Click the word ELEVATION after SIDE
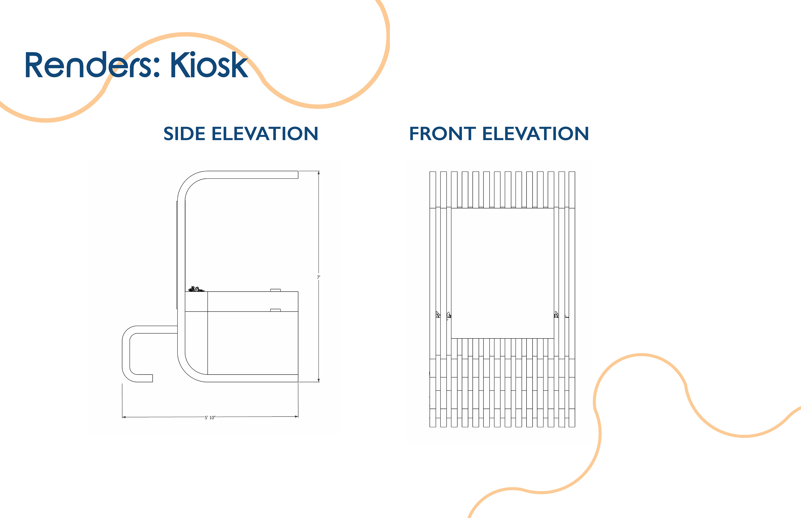[264, 134]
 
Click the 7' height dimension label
[318, 277]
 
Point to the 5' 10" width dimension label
[210, 418]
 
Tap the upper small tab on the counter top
[275, 290]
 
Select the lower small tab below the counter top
[275, 310]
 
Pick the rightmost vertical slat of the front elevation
[572, 299]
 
